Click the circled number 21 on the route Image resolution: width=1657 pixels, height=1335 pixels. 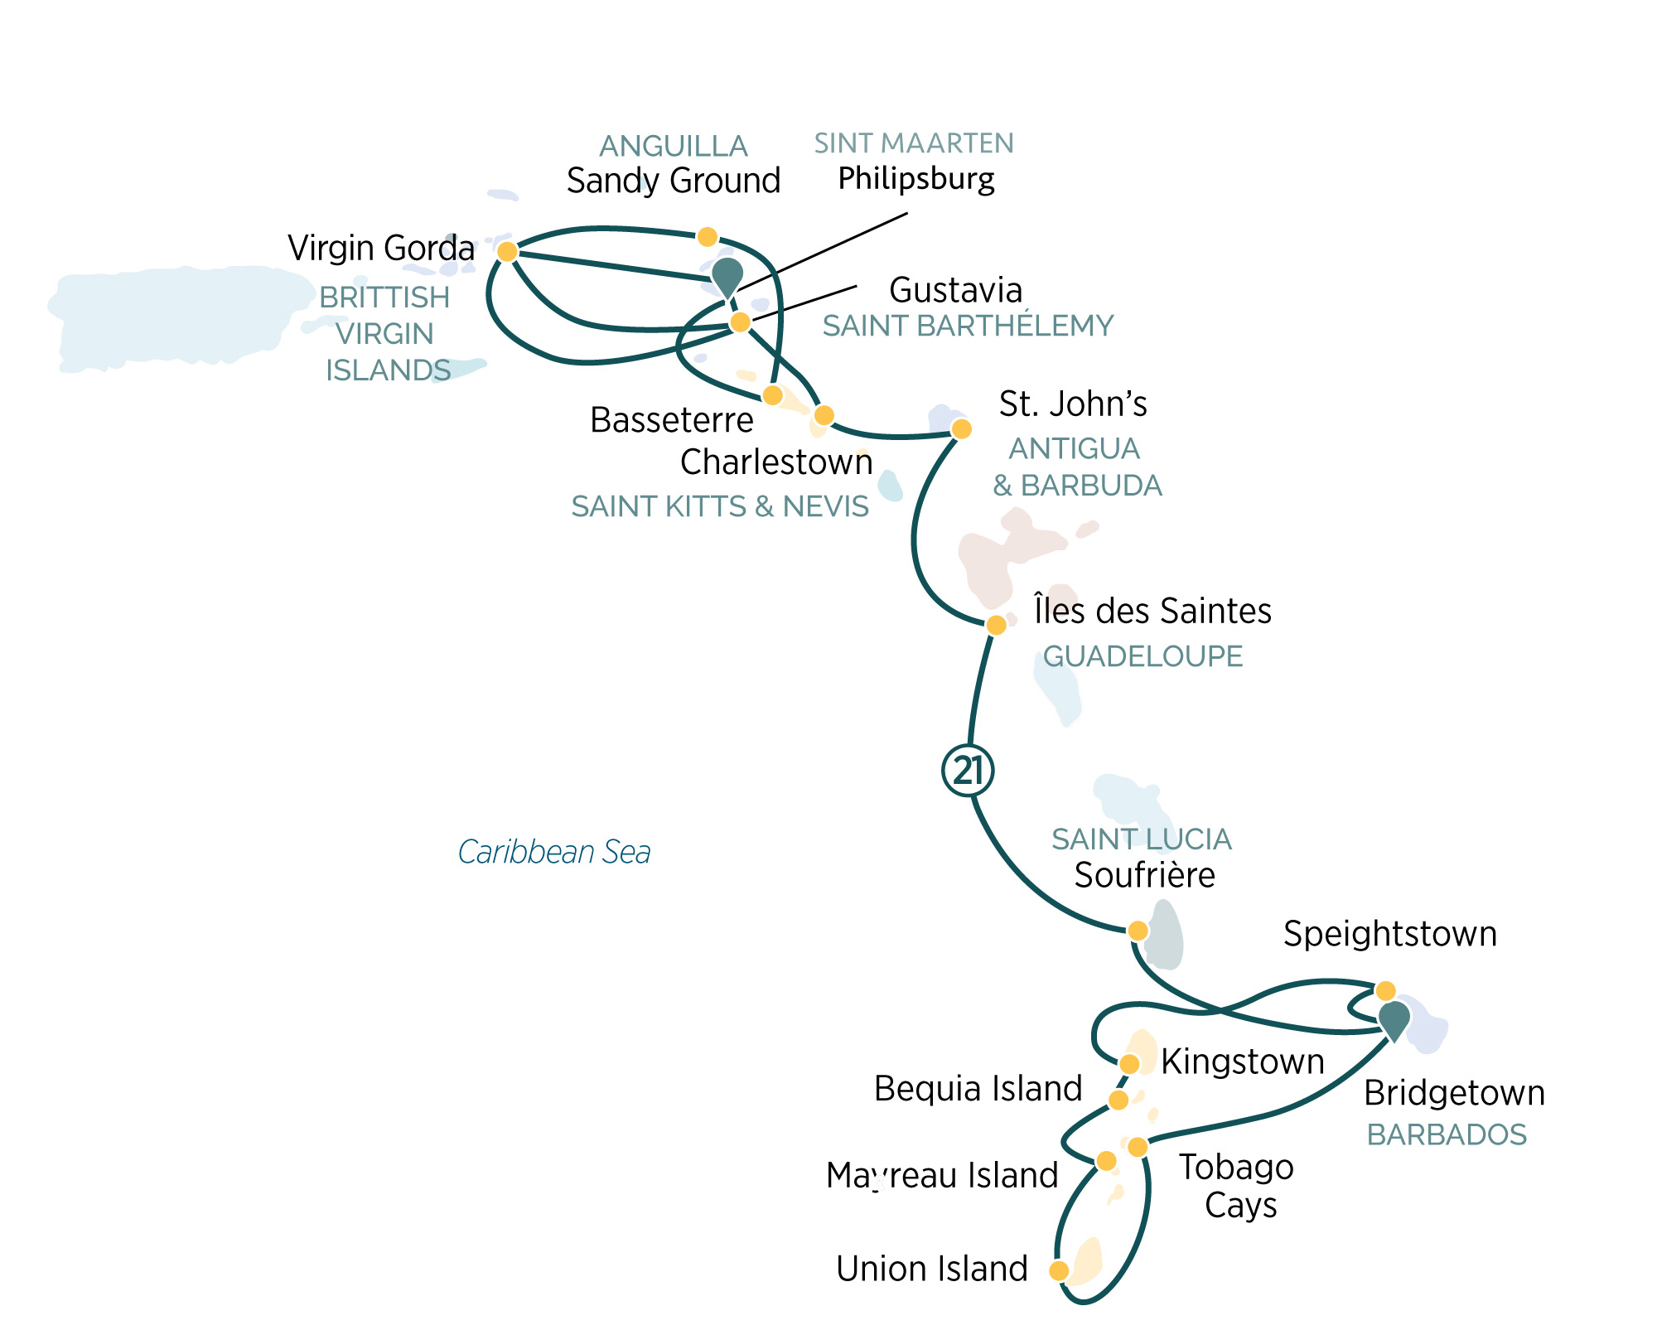pos(968,771)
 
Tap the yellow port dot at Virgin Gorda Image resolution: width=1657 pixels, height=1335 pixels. pos(507,251)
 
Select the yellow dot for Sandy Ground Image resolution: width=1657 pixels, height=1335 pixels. pos(707,237)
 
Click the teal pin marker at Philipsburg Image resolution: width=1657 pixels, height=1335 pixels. pos(727,276)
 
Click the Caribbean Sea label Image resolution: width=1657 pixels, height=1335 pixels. pos(554,852)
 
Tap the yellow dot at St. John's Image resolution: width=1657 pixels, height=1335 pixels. pos(961,428)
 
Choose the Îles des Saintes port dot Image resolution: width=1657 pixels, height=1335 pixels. pos(997,624)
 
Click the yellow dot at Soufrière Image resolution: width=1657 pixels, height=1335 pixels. pos(1138,931)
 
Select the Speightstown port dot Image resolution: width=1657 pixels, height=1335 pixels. pos(1385,990)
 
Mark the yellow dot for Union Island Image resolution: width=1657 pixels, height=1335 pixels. pos(1059,1270)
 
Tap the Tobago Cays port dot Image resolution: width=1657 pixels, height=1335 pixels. pos(1138,1147)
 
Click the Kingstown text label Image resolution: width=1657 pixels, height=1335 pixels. pos(1242,1062)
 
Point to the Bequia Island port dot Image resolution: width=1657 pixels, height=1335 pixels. pos(1118,1100)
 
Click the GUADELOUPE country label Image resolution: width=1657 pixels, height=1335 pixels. pos(1143,656)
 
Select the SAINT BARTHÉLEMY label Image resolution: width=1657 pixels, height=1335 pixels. pos(968,326)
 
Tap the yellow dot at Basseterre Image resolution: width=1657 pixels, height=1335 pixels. pos(772,394)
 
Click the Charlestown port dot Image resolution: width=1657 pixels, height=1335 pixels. pos(824,414)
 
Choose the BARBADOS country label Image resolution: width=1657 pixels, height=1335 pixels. pos(1447,1134)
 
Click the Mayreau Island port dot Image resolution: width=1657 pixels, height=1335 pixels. pos(1106,1161)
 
